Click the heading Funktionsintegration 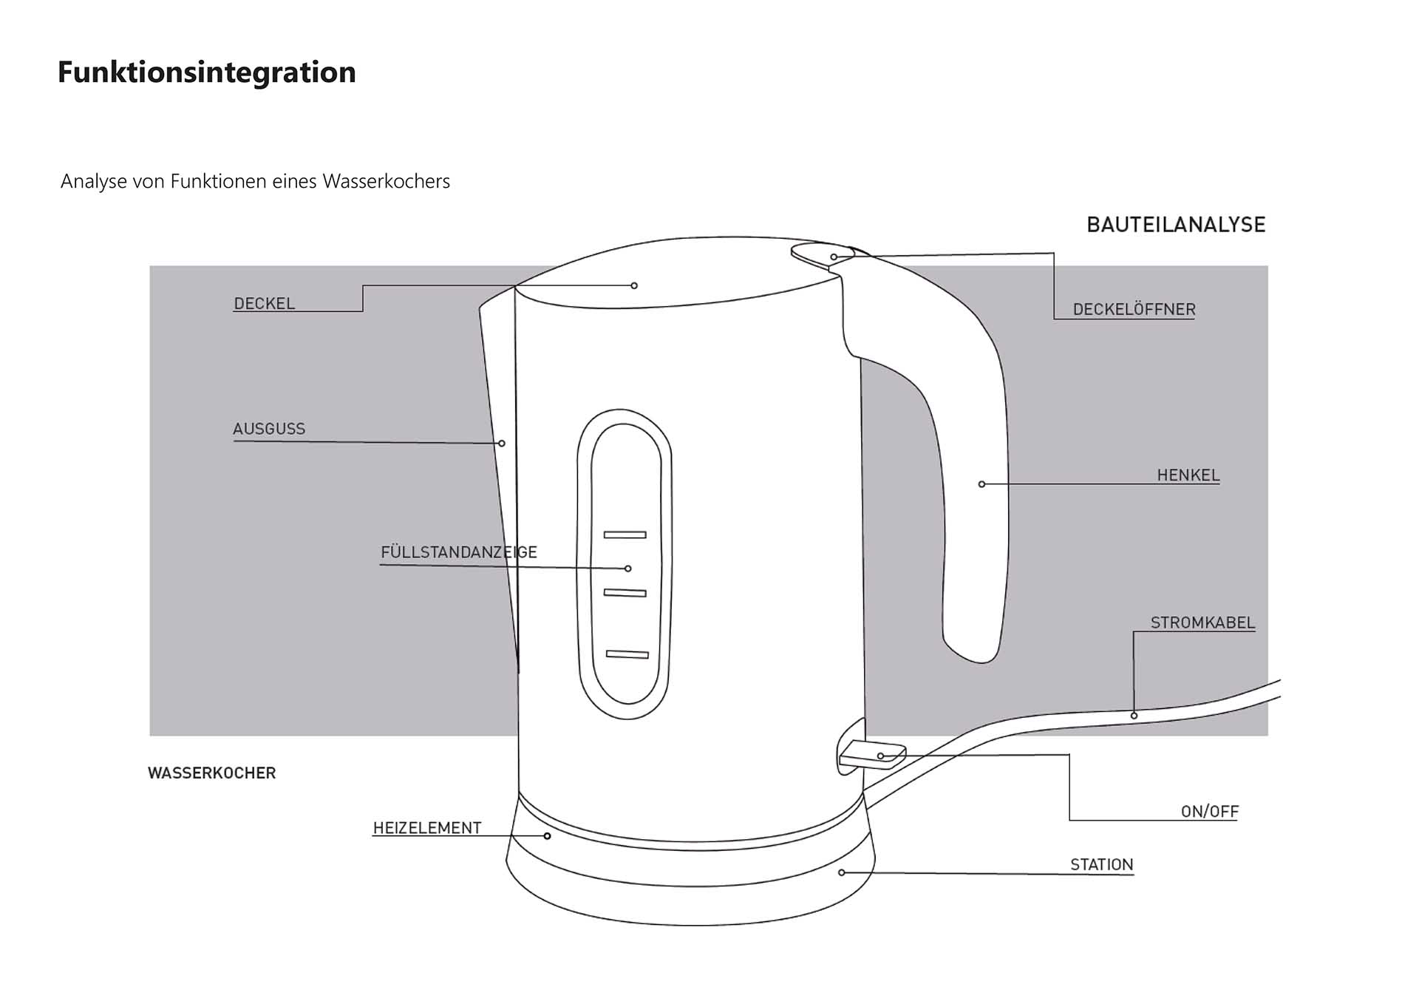pos(207,72)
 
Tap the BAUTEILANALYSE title pos(1176,225)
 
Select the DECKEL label pos(264,303)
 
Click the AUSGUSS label pos(269,429)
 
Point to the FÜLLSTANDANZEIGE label pos(459,552)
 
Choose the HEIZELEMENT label pos(427,828)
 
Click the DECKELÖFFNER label pos(1134,310)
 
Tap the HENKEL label pos(1188,475)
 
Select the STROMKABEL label pos(1202,623)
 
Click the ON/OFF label pos(1209,812)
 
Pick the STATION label pos(1101,864)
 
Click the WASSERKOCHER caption pos(212,773)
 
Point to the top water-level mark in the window pos(625,535)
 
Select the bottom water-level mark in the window pos(627,654)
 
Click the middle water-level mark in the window pos(625,593)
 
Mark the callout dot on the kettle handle pos(981,484)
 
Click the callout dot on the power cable pos(1134,716)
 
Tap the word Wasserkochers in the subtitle pos(386,182)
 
